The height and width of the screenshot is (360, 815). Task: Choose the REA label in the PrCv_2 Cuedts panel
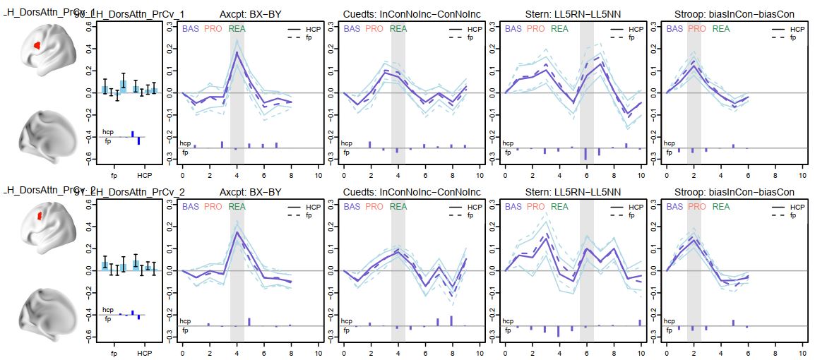tap(398, 207)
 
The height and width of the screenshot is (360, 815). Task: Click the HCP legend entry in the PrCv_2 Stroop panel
tap(797, 208)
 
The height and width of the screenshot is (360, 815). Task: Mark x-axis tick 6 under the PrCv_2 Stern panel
tap(587, 353)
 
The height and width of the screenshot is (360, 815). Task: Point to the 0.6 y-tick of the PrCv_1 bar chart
tap(88, 25)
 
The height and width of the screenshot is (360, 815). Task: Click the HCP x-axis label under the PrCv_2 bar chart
tap(144, 353)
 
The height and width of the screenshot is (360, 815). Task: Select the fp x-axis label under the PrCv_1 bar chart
tap(114, 175)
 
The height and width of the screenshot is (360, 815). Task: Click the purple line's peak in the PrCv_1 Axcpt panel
tap(237, 52)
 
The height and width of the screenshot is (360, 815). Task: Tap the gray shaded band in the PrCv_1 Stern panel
tap(587, 92)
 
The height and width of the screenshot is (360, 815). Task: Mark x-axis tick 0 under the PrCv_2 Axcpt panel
tap(183, 353)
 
